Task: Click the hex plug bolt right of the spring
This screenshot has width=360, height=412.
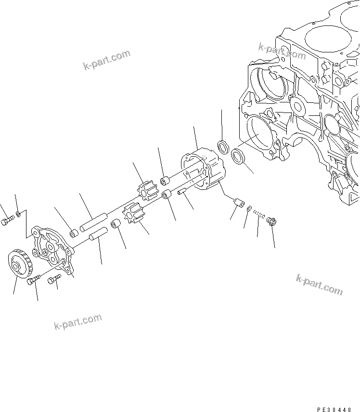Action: tap(270, 222)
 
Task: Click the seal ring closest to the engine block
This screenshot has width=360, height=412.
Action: tap(237, 156)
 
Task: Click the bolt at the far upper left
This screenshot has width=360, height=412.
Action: tap(6, 222)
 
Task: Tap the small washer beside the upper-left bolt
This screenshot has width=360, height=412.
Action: tap(18, 212)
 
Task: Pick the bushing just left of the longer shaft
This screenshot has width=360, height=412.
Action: tap(74, 234)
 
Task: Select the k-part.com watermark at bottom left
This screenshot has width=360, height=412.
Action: tap(78, 323)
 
